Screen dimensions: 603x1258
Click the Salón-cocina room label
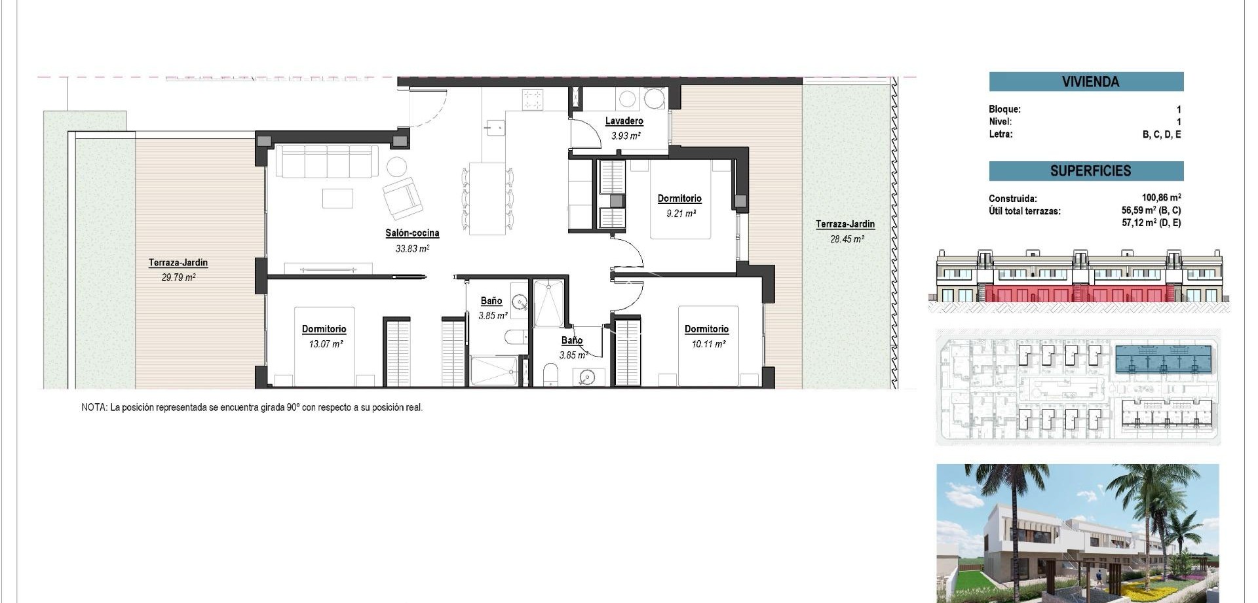click(411, 233)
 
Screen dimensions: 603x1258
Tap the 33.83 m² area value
click(411, 248)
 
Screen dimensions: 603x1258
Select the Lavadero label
click(624, 121)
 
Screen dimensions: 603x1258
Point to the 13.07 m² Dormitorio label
click(324, 329)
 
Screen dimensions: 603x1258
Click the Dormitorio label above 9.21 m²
click(679, 198)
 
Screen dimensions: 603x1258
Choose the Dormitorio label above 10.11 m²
click(706, 329)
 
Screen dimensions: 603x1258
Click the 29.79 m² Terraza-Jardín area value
click(178, 277)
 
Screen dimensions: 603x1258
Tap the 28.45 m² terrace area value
click(847, 239)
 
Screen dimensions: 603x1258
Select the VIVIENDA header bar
click(1086, 82)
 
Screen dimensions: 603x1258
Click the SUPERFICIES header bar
click(1086, 171)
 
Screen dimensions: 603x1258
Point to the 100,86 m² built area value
click(1161, 197)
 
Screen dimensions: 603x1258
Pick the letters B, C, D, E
click(1162, 134)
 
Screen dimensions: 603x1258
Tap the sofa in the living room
click(326, 161)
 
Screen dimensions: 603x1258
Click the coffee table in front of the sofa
click(337, 198)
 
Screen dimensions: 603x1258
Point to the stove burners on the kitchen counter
click(532, 100)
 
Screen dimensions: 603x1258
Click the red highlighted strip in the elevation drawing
click(1081, 294)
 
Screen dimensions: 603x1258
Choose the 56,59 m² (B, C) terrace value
click(1151, 210)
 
